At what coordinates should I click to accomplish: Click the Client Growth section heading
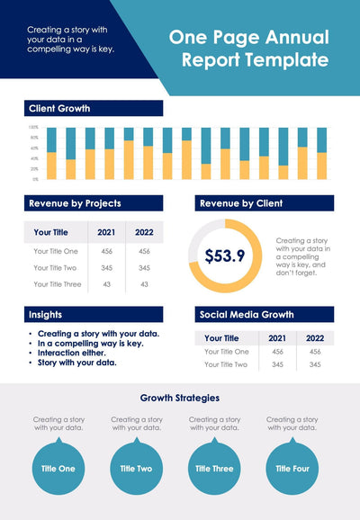(59, 108)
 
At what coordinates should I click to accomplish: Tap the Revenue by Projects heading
(75, 203)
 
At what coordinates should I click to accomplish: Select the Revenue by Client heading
(241, 203)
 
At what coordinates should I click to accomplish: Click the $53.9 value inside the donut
(225, 256)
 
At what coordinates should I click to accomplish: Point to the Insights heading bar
(46, 314)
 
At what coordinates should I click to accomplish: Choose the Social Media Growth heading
(246, 315)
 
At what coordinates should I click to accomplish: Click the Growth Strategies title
(180, 398)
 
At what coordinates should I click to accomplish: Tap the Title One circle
(59, 468)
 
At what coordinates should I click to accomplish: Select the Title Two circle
(137, 468)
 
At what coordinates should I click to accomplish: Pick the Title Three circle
(214, 468)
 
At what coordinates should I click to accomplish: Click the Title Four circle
(292, 468)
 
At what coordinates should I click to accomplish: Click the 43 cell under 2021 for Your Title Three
(106, 284)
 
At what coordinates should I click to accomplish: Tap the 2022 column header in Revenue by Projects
(144, 232)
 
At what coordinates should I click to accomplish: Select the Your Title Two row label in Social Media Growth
(226, 364)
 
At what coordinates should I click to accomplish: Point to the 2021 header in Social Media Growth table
(277, 338)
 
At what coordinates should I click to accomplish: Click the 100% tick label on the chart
(33, 128)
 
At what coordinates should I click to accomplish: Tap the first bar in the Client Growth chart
(51, 154)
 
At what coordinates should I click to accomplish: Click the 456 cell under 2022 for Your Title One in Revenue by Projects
(144, 251)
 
